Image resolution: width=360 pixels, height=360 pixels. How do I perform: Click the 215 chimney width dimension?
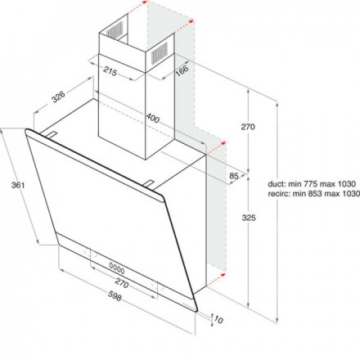coord(110,72)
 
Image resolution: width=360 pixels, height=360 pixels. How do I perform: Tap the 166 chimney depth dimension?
coord(182,70)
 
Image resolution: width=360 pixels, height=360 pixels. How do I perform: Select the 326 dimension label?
coord(59,97)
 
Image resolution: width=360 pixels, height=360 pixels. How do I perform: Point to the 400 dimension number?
coord(153,118)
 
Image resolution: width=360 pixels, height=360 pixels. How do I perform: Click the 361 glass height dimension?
coord(18,186)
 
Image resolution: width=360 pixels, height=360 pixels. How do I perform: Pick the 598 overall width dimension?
coord(115,296)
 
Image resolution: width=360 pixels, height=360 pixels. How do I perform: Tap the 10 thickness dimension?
coord(218,319)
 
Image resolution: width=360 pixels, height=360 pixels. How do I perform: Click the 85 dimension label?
coord(234,176)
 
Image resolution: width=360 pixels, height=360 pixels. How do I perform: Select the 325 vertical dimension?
coord(249,218)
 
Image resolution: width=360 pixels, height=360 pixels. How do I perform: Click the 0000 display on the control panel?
coord(117,268)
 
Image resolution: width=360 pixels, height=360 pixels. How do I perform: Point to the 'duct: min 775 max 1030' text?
coord(312,184)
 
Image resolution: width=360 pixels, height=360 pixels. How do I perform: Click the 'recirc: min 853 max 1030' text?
coord(313,194)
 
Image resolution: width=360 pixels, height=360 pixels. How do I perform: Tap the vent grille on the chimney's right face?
coord(160,53)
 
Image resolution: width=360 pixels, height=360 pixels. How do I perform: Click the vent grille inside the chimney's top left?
coord(115,29)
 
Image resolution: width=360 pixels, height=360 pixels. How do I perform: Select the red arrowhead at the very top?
coord(144,2)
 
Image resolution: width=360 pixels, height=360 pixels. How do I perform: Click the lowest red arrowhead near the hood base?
coord(223,275)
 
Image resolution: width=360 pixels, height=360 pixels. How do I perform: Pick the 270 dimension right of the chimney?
coord(248,127)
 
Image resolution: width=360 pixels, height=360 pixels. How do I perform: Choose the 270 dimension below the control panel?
coord(121,283)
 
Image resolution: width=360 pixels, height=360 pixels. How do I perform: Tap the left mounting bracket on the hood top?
coord(52,134)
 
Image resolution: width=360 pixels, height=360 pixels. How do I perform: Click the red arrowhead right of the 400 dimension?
coord(223,143)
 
